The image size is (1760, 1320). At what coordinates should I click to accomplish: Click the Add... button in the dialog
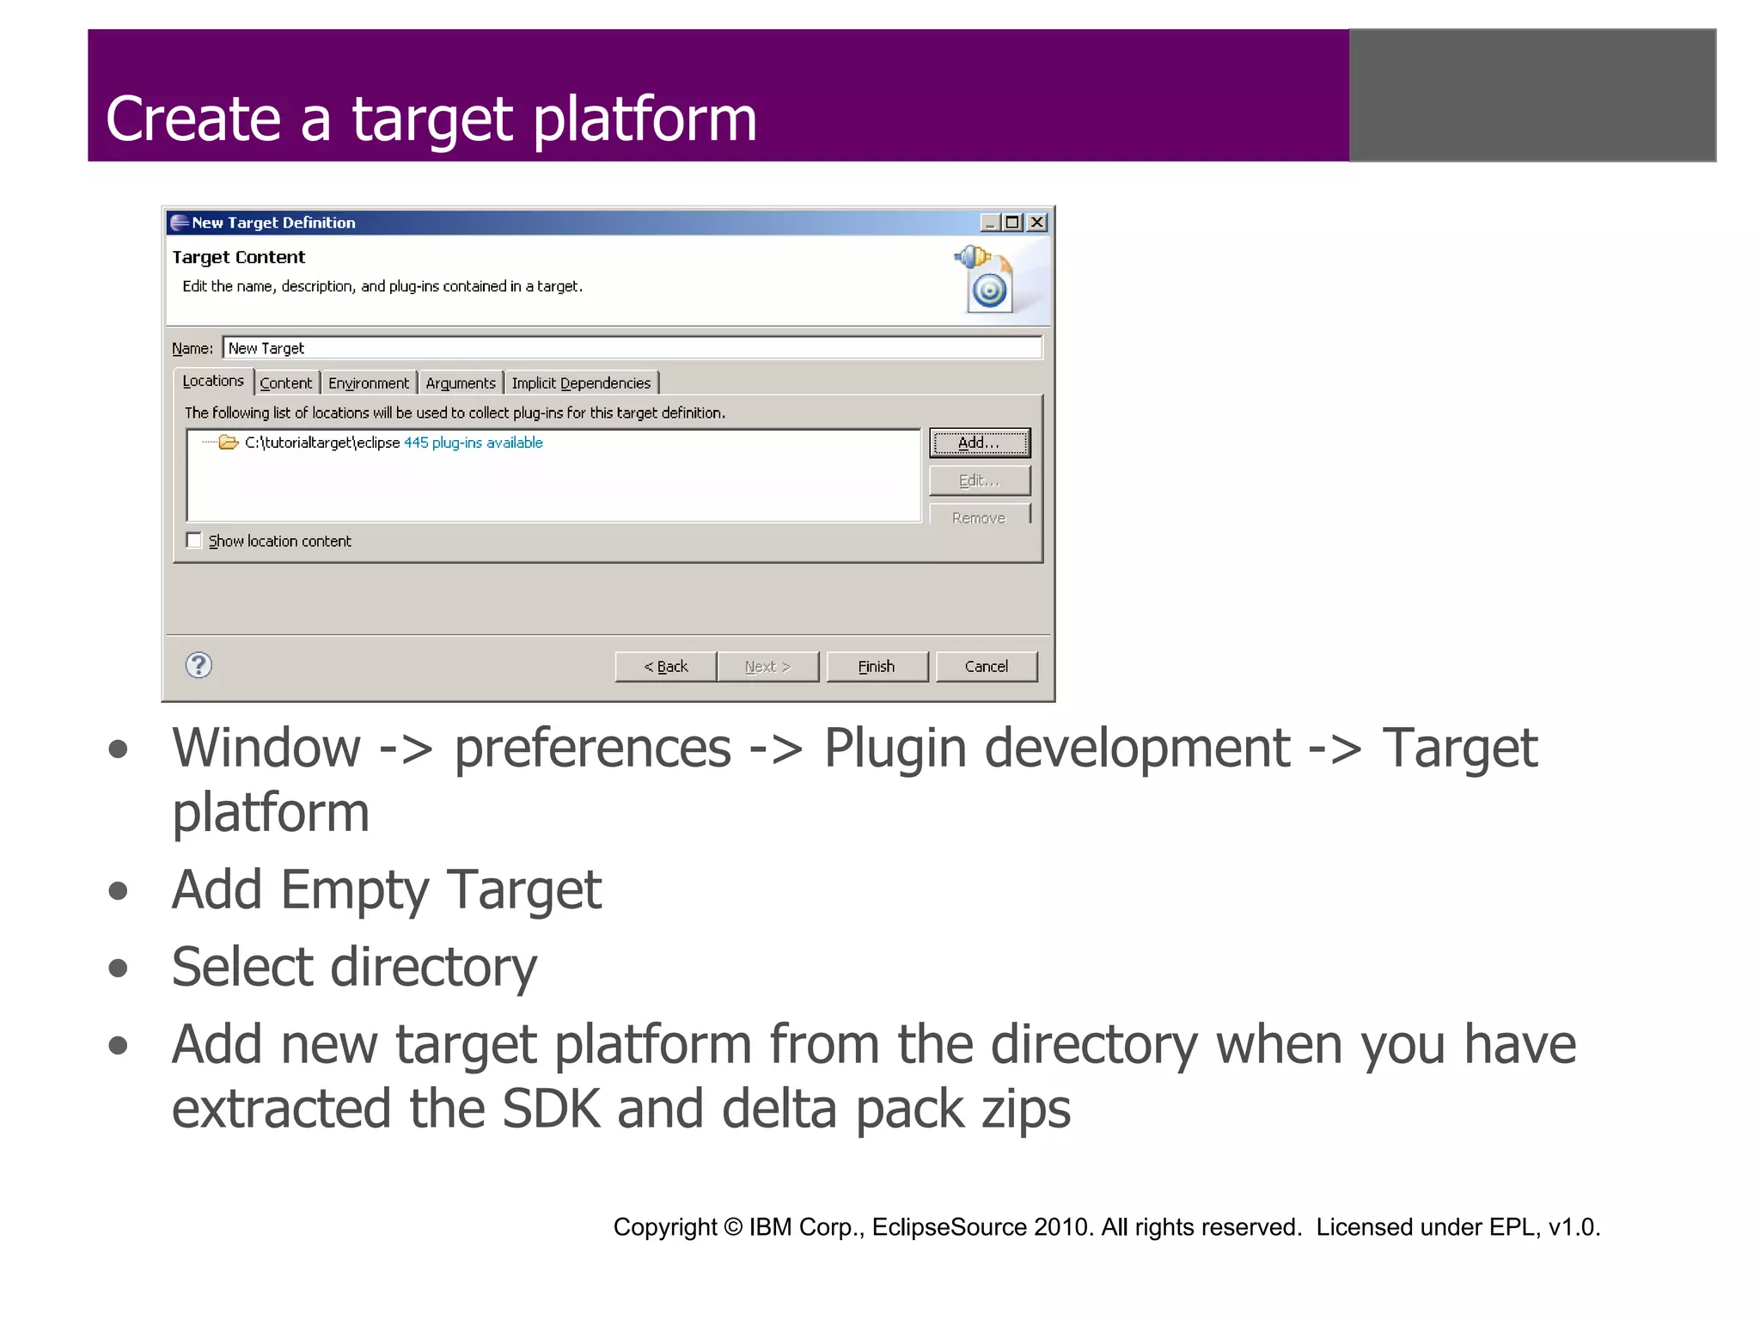pos(979,443)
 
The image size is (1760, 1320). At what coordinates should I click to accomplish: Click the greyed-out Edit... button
pos(979,480)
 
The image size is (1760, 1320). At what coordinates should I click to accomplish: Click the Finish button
pos(877,666)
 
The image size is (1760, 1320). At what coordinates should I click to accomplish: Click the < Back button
pos(666,666)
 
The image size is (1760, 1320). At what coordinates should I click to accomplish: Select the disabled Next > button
pos(767,666)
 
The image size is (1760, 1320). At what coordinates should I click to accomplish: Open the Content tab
pos(286,383)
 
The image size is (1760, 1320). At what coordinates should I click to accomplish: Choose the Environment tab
pos(369,383)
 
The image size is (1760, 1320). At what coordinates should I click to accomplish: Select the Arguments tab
pos(461,383)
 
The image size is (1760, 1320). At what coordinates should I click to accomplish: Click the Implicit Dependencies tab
pos(581,383)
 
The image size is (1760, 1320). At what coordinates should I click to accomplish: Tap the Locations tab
pos(213,381)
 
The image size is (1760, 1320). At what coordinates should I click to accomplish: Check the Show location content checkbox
pos(194,541)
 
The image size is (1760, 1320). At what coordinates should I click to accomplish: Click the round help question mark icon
pos(199,664)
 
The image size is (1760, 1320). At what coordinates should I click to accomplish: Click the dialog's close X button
pos(1037,223)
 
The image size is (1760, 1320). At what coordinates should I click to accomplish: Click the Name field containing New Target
pos(632,348)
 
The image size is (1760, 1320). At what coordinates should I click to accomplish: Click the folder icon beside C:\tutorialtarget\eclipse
pos(228,443)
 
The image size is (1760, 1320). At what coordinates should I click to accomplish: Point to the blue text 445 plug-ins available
pos(474,443)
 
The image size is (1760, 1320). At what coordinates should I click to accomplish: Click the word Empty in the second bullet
pos(355,890)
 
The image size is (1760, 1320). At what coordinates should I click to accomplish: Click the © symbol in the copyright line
pos(732,1227)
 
